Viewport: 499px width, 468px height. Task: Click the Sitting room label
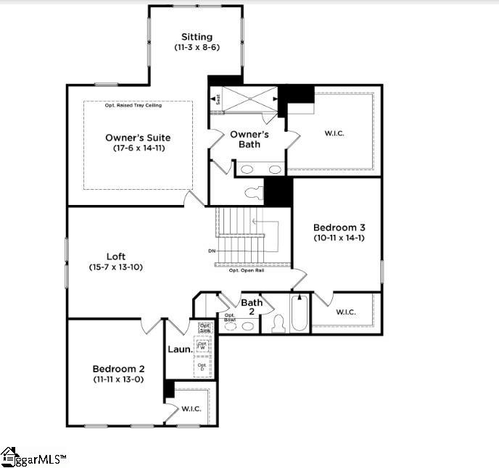point(197,37)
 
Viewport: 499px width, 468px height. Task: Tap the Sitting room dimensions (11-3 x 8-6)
point(197,47)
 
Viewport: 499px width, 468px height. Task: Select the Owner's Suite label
point(138,138)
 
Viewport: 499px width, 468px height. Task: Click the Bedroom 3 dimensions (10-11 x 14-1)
point(339,238)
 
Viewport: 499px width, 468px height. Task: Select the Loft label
point(116,256)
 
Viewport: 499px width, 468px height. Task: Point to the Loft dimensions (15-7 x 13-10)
point(116,267)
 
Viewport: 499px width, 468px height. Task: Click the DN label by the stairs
point(212,251)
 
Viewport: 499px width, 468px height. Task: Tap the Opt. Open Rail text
point(246,270)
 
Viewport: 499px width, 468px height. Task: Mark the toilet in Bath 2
point(279,325)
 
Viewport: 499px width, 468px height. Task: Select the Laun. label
point(180,349)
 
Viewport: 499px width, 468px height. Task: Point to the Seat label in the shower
point(215,99)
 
